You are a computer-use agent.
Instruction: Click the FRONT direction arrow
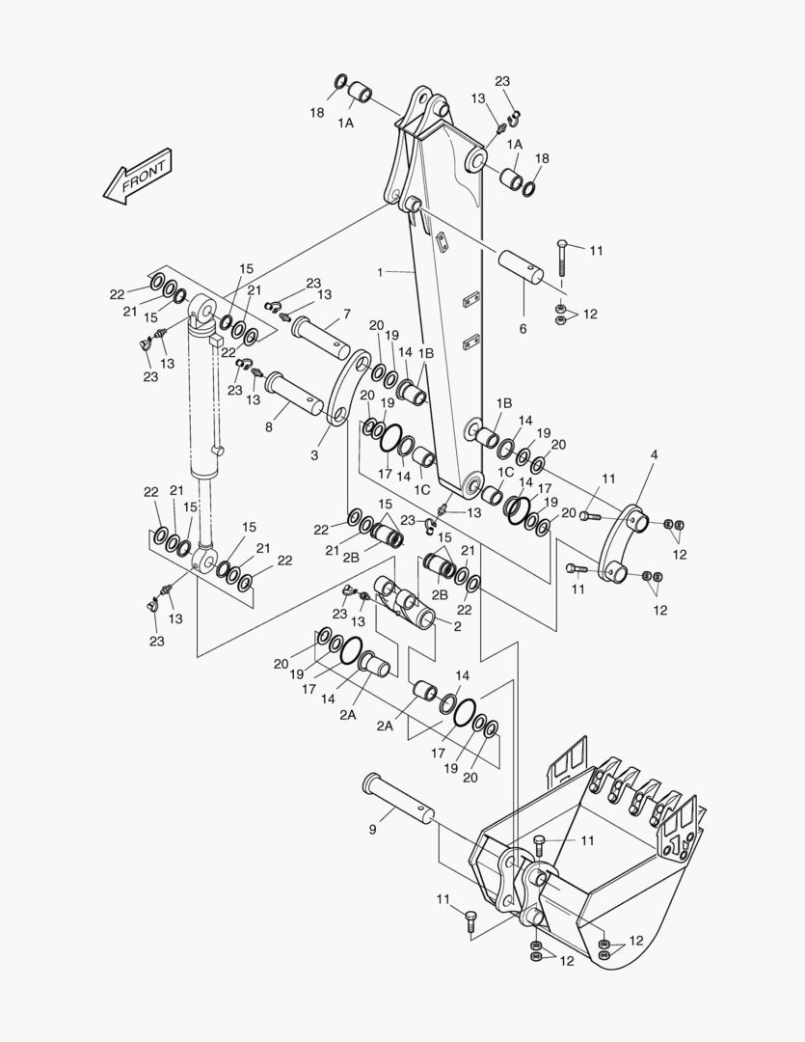click(x=138, y=178)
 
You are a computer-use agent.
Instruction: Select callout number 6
click(x=523, y=329)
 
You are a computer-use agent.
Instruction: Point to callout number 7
click(x=346, y=314)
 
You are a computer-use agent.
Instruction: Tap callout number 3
click(x=313, y=454)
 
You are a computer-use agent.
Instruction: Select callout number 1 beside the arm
click(x=380, y=273)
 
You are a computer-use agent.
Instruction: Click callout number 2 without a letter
click(x=457, y=626)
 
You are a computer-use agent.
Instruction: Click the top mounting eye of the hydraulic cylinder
click(x=204, y=310)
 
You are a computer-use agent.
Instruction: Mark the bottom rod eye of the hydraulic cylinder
click(x=203, y=559)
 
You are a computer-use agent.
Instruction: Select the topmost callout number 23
click(x=502, y=81)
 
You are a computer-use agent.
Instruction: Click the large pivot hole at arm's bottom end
click(x=472, y=482)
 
